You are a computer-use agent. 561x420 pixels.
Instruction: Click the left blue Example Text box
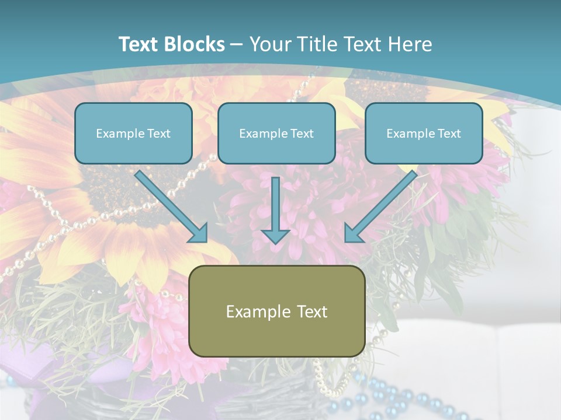point(133,133)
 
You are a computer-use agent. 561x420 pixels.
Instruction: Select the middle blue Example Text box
point(276,133)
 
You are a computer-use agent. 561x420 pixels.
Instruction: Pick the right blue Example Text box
point(424,133)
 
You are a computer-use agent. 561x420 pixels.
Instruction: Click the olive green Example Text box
point(276,311)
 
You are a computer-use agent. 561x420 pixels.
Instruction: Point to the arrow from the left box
point(169,205)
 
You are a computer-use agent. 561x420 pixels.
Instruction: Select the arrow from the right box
point(383,205)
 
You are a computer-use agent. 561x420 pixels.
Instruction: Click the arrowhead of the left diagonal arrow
point(199,233)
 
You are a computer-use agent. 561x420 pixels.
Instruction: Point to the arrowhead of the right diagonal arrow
point(353,233)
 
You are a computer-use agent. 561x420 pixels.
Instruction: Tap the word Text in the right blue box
point(449,134)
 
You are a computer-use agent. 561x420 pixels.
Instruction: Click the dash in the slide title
point(237,44)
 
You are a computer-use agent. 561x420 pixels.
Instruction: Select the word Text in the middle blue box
point(302,134)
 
